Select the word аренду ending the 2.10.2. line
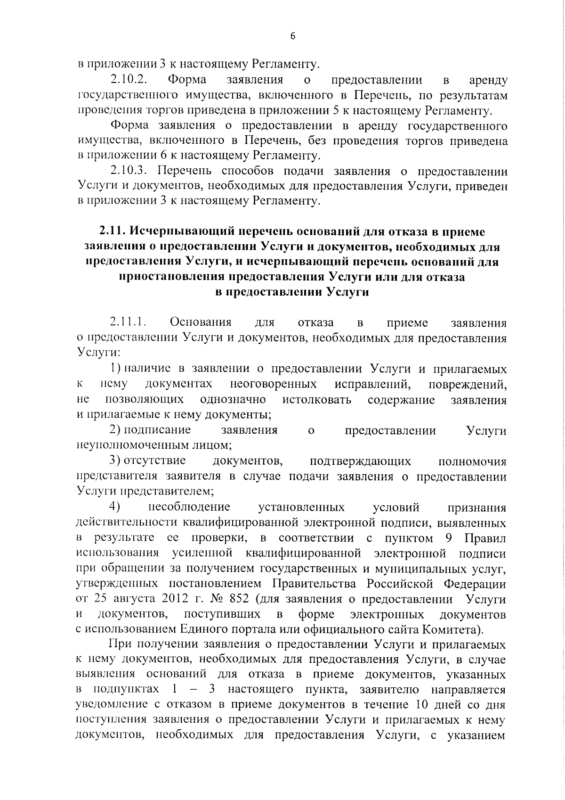488,81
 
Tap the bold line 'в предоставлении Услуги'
291,292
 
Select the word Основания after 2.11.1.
201,323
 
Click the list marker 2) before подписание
115,430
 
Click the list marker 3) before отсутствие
115,461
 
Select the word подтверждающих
361,461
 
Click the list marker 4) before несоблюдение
115,507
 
